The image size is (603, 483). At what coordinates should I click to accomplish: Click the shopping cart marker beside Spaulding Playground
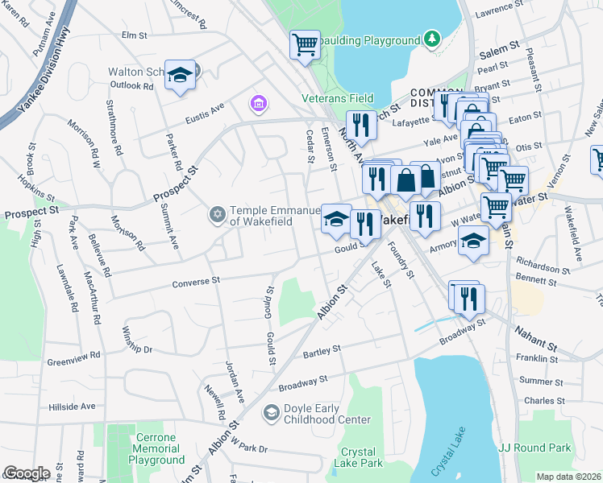pos(305,45)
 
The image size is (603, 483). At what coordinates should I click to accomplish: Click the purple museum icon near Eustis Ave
pos(258,103)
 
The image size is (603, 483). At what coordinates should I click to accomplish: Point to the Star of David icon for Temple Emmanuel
pos(216,214)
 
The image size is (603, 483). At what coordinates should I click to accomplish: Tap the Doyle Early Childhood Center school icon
pos(272,413)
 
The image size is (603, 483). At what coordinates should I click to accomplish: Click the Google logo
pos(26,473)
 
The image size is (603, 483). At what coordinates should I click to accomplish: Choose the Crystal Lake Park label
pos(361,457)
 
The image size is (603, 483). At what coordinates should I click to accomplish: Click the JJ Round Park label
pos(534,448)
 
